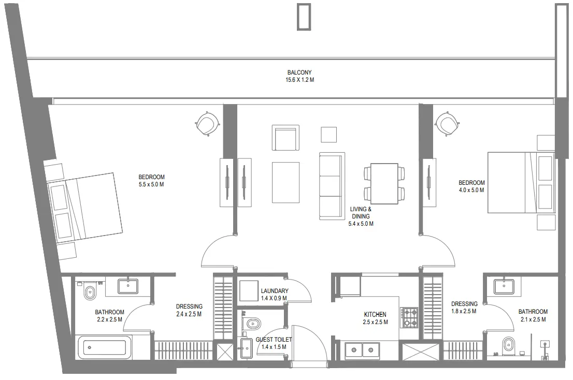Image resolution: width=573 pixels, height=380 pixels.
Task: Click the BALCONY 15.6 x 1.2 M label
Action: [300, 76]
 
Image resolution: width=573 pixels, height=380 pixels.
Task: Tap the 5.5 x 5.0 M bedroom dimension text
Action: [151, 184]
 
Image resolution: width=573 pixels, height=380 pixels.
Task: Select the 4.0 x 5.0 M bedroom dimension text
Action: [471, 190]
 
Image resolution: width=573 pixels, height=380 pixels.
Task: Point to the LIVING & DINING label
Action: [361, 213]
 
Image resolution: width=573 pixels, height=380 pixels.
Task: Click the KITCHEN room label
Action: [375, 314]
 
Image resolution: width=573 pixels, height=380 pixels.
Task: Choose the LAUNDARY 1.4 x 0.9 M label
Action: [274, 294]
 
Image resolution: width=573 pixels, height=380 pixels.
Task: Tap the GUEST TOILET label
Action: [274, 340]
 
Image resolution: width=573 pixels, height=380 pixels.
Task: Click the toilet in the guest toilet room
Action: [252, 324]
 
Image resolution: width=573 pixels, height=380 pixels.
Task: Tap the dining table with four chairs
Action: [384, 184]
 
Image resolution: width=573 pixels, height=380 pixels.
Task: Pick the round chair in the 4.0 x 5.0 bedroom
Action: [447, 123]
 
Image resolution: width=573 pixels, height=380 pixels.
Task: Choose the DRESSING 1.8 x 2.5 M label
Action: [464, 308]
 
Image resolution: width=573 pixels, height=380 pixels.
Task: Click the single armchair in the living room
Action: [285, 138]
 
